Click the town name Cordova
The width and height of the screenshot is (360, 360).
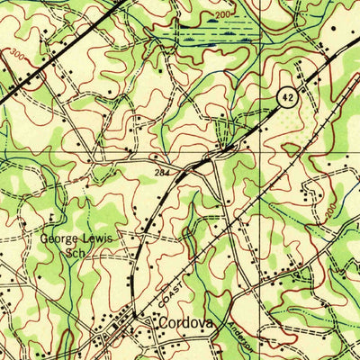point(188,321)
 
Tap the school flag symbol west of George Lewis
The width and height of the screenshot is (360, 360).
point(54,216)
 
